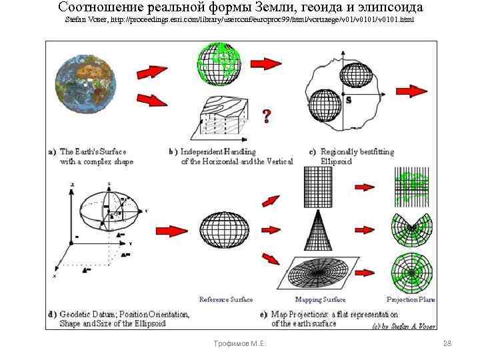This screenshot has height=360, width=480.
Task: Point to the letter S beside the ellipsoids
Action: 349,101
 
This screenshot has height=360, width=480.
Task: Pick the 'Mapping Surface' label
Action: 325,299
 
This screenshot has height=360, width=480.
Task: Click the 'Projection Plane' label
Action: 411,299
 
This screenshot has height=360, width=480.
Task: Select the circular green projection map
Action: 412,269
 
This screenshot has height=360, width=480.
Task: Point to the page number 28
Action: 447,343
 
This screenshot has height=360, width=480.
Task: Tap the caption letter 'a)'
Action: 53,152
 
